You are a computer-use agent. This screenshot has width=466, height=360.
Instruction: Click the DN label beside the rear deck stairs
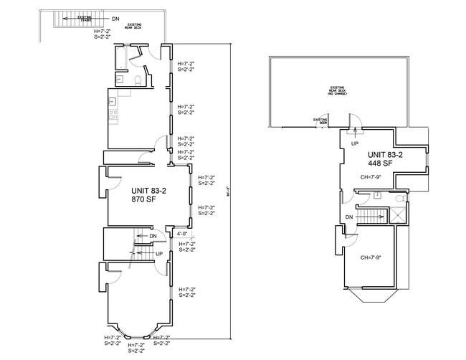[115, 18]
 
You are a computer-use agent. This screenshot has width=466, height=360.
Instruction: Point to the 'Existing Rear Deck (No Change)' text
[338, 91]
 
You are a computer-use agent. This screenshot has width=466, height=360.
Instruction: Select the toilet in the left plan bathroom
[136, 80]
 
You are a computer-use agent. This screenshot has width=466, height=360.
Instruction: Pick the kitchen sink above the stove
[113, 101]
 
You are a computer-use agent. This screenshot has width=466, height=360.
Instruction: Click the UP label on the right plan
[354, 143]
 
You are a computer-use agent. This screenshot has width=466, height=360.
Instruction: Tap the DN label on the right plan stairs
[349, 217]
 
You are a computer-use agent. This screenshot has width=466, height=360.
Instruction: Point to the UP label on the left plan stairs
[159, 253]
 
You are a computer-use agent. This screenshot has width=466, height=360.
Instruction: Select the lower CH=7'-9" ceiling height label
[370, 257]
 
